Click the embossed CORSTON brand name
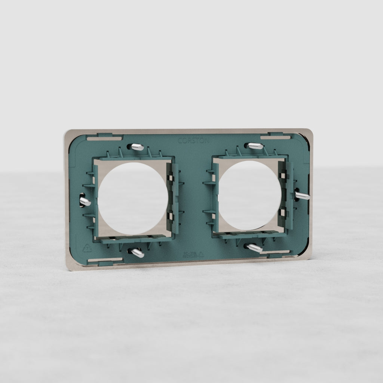click(x=193, y=141)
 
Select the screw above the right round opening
click(x=255, y=146)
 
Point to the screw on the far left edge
click(x=85, y=201)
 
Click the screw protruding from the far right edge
click(x=302, y=195)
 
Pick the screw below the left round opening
click(x=137, y=253)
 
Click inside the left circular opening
click(x=132, y=198)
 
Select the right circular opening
click(x=250, y=195)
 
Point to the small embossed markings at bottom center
click(x=193, y=255)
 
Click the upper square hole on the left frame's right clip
click(x=171, y=178)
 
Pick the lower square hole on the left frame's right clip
click(x=170, y=216)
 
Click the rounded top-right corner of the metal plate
click(x=309, y=132)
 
